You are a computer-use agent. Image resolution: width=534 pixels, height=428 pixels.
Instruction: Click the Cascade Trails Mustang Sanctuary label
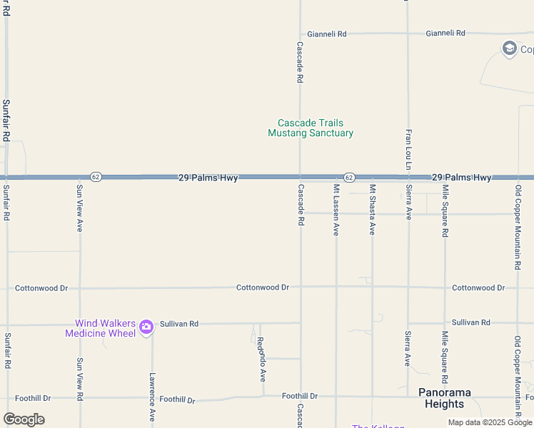[x=311, y=128]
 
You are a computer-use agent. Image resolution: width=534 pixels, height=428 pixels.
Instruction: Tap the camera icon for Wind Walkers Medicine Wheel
[x=146, y=327]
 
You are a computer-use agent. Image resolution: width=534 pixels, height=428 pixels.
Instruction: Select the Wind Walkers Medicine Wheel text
[x=100, y=328]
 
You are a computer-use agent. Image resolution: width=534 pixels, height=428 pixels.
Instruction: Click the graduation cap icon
[x=509, y=49]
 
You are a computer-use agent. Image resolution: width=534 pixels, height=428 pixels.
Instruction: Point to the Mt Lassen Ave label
[x=336, y=210]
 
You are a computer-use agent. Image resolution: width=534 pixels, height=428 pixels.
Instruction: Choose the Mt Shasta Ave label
[x=372, y=210]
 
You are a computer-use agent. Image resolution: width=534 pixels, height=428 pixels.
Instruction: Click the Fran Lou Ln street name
[x=409, y=151]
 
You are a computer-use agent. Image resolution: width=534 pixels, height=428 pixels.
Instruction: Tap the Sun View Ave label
[x=80, y=208]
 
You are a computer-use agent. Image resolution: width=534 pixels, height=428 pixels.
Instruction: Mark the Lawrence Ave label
[x=152, y=396]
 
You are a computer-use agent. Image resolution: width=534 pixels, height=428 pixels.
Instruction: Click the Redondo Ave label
[x=261, y=359]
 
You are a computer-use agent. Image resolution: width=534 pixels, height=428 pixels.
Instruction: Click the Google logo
[x=24, y=419]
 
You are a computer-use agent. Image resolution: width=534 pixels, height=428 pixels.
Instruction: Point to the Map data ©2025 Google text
[x=490, y=422]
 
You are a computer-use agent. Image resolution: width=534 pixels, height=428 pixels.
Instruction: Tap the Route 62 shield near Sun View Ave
[x=96, y=176]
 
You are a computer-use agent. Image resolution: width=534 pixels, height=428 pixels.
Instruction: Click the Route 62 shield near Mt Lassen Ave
[x=348, y=176]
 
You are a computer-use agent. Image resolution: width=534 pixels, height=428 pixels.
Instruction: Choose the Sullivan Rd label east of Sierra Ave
[x=471, y=322]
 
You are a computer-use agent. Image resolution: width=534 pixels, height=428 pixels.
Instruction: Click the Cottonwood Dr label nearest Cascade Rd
[x=263, y=287]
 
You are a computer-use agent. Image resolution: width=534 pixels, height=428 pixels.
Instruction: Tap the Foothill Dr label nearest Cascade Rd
[x=300, y=395]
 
